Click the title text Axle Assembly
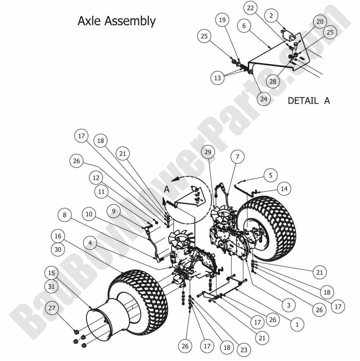coord(116,21)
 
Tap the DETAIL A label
coord(309,101)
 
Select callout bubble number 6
coord(245,26)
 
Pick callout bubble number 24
coord(263,98)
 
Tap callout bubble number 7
coord(237,157)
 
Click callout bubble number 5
coord(270,175)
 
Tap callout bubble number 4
coord(90,243)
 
